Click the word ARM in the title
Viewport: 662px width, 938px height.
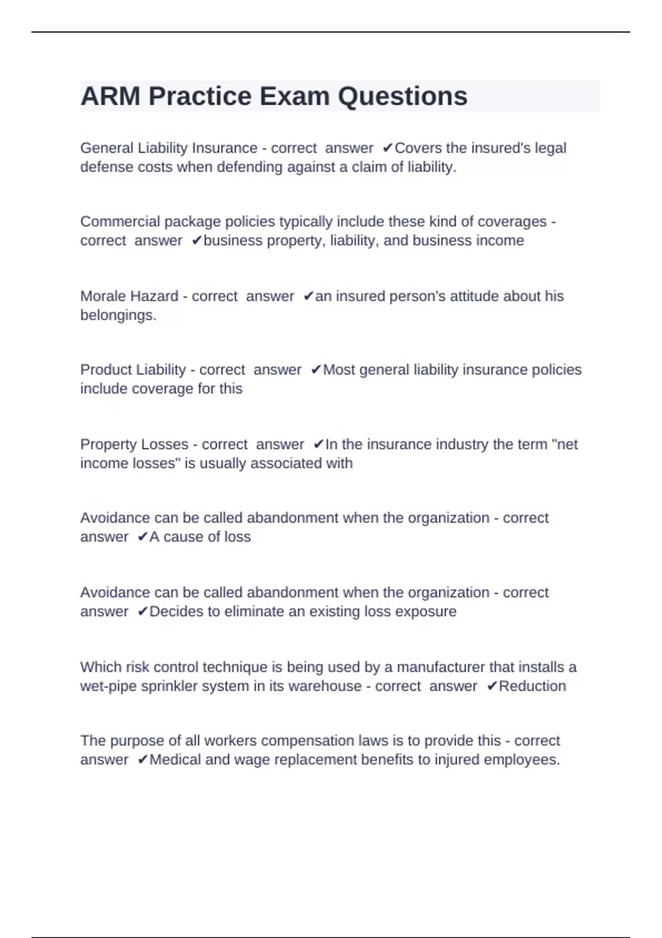point(110,96)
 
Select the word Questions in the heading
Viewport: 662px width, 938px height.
point(402,96)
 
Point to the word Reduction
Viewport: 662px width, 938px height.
point(532,686)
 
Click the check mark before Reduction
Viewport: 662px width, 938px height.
point(492,686)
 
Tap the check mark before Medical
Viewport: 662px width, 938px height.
point(142,760)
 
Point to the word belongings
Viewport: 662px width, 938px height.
point(118,315)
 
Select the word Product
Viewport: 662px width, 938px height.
point(104,370)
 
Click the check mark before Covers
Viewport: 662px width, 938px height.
point(388,148)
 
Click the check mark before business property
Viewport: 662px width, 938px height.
point(197,241)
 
